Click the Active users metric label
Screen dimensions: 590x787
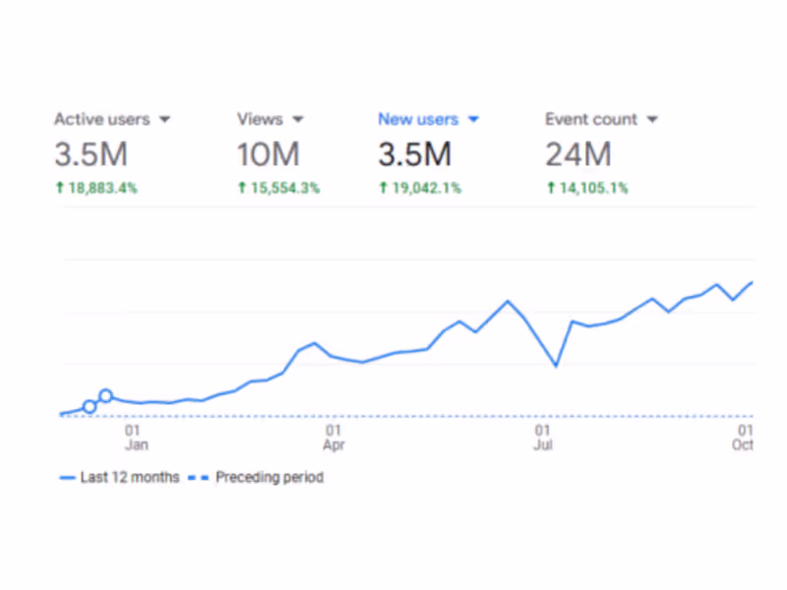pos(101,119)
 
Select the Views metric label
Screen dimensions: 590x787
pos(260,119)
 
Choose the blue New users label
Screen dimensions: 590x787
pos(417,119)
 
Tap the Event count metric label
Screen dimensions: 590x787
pos(591,119)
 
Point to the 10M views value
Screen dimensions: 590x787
pos(268,154)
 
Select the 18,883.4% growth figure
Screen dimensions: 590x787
pos(95,188)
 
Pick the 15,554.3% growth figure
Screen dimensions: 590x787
pos(278,188)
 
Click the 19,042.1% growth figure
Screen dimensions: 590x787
pos(420,188)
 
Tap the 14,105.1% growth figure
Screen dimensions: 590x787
pos(587,188)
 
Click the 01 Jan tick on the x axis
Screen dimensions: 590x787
pos(136,438)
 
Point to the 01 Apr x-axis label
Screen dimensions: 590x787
pos(333,438)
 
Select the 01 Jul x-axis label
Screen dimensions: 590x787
pos(542,438)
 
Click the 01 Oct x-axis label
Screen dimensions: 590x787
pos(744,438)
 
